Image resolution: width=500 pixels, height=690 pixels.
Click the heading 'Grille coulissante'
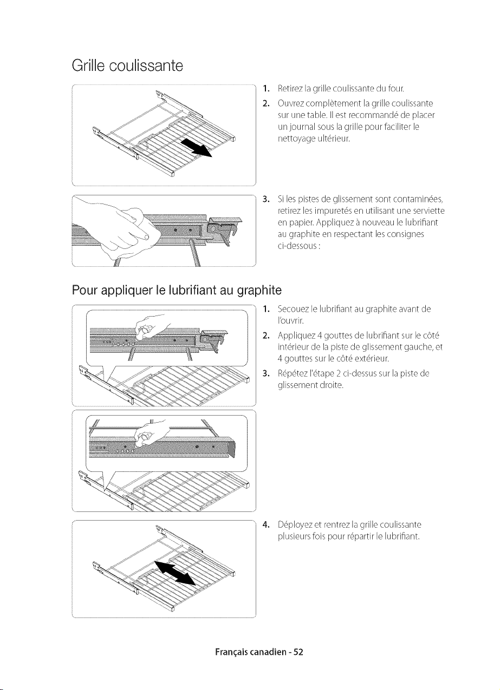127,65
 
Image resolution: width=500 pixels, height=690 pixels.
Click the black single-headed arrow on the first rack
197,148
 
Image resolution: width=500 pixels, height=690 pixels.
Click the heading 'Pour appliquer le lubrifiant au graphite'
177,290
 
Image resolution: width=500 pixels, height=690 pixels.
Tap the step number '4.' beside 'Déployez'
267,524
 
